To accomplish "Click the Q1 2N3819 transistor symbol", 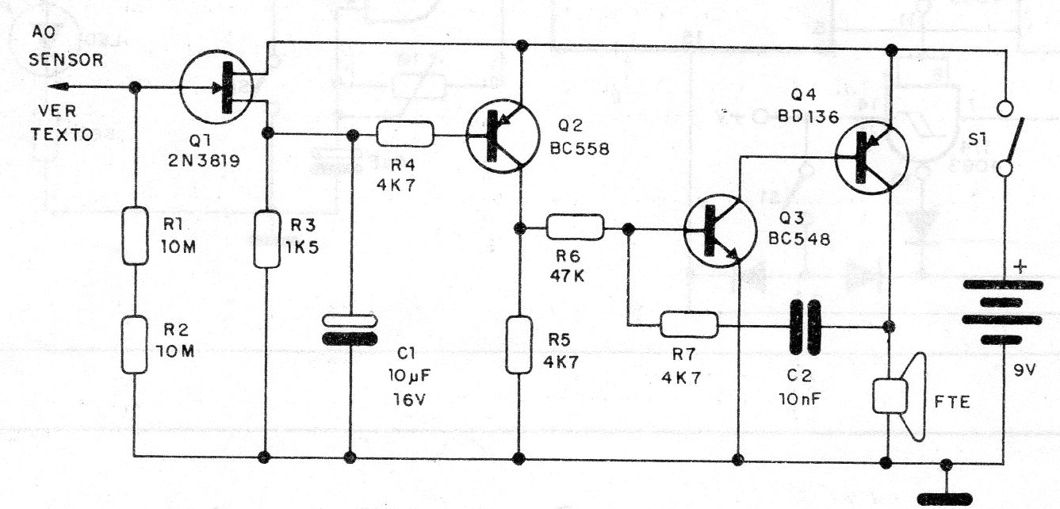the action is click(216, 87).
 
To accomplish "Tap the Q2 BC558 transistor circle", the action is click(503, 136).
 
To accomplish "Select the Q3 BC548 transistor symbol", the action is click(720, 231).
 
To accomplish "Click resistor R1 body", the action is click(136, 235).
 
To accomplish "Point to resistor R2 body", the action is click(135, 345).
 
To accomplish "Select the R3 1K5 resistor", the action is click(267, 239).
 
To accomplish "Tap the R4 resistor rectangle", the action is click(405, 134).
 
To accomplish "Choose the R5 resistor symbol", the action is click(519, 345).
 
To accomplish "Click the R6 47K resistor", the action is click(576, 227).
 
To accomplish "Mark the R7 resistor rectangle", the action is click(689, 324).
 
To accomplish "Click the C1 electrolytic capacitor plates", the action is click(350, 329).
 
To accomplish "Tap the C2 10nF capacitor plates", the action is click(805, 327).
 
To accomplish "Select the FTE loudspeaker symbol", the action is click(899, 396).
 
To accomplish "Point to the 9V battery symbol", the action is click(1002, 312).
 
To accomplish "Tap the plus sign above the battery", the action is click(1020, 267).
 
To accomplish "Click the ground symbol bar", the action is click(945, 499).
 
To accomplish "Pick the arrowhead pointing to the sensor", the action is click(59, 87).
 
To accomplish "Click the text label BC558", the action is click(580, 150).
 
